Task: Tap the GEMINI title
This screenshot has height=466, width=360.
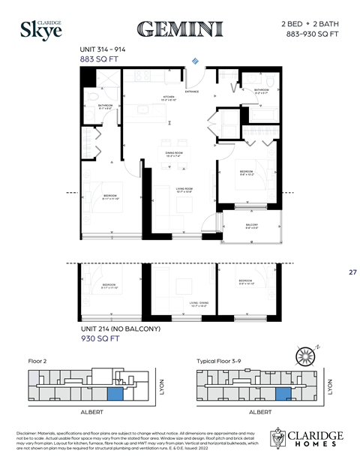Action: pos(180,29)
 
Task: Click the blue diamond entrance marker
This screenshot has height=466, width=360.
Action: pos(196,60)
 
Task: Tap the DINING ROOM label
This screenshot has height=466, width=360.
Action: pos(175,154)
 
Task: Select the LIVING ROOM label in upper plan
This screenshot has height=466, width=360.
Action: pos(184,190)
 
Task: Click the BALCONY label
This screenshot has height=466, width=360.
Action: pos(252,225)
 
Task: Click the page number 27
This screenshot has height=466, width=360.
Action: pos(352,272)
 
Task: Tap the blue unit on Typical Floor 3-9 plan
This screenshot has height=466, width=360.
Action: pos(283,393)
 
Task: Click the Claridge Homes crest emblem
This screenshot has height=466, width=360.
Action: pos(279,438)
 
